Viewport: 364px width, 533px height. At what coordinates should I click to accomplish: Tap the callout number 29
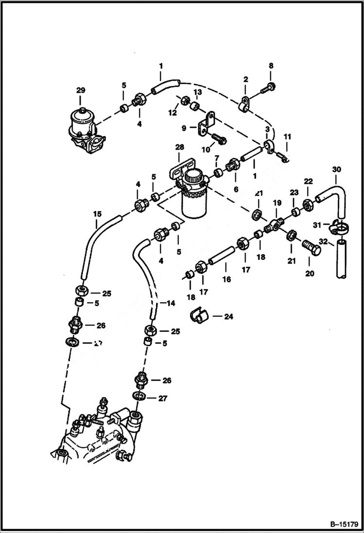80,90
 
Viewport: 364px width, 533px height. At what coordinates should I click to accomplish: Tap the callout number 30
337,170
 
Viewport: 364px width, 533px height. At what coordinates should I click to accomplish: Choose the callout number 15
97,213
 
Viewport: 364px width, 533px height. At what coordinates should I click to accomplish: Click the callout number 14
171,303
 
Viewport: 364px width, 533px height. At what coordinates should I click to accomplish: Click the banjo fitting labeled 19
275,225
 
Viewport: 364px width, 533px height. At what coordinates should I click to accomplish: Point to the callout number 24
228,316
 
